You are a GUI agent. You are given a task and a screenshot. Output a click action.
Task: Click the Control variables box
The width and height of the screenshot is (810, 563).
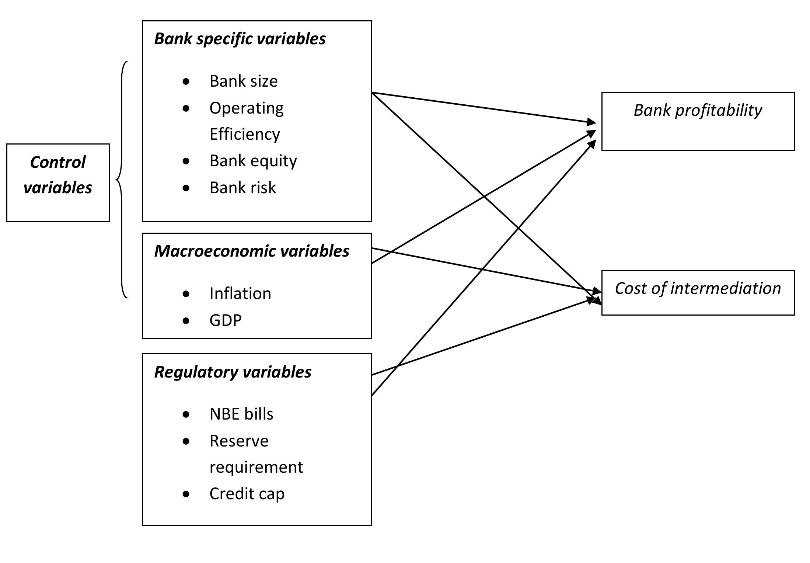click(58, 183)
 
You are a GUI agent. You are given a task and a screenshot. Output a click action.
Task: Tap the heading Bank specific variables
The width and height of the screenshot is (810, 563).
click(240, 39)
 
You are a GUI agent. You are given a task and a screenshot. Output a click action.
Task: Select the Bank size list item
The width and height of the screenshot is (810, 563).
click(243, 81)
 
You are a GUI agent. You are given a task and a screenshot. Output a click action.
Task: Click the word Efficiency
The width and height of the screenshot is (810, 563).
click(245, 134)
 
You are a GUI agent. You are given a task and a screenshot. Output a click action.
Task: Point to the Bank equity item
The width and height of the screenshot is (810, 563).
click(253, 161)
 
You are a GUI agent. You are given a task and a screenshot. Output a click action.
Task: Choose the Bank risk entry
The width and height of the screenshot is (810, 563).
click(242, 188)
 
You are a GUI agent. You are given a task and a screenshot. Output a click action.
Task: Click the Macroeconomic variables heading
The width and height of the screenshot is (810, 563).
click(251, 251)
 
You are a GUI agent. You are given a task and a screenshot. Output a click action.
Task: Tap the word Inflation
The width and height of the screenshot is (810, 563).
click(240, 293)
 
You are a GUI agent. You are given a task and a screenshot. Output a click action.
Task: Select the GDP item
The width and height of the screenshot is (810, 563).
click(225, 320)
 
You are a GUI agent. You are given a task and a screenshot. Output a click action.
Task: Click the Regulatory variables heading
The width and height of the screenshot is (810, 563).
click(233, 372)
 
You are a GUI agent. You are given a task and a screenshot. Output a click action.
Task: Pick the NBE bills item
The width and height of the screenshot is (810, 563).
click(241, 414)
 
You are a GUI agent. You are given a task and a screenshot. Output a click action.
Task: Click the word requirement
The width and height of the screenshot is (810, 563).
click(256, 467)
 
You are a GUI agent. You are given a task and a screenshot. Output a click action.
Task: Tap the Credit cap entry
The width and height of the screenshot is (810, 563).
click(247, 494)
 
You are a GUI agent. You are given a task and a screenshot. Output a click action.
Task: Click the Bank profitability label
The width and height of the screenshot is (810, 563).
click(698, 110)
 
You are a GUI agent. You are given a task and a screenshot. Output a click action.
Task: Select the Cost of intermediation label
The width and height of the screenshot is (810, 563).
click(698, 288)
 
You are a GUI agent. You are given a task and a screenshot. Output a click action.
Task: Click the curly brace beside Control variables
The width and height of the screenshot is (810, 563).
click(122, 180)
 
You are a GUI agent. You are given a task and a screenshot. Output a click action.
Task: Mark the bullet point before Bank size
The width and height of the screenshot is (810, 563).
click(186, 81)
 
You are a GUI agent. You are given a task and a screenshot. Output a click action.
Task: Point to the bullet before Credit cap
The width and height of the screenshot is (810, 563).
click(186, 494)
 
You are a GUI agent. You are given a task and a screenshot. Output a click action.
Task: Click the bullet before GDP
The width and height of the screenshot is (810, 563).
click(186, 320)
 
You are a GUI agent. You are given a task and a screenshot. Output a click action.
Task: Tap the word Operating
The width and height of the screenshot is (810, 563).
click(247, 108)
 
